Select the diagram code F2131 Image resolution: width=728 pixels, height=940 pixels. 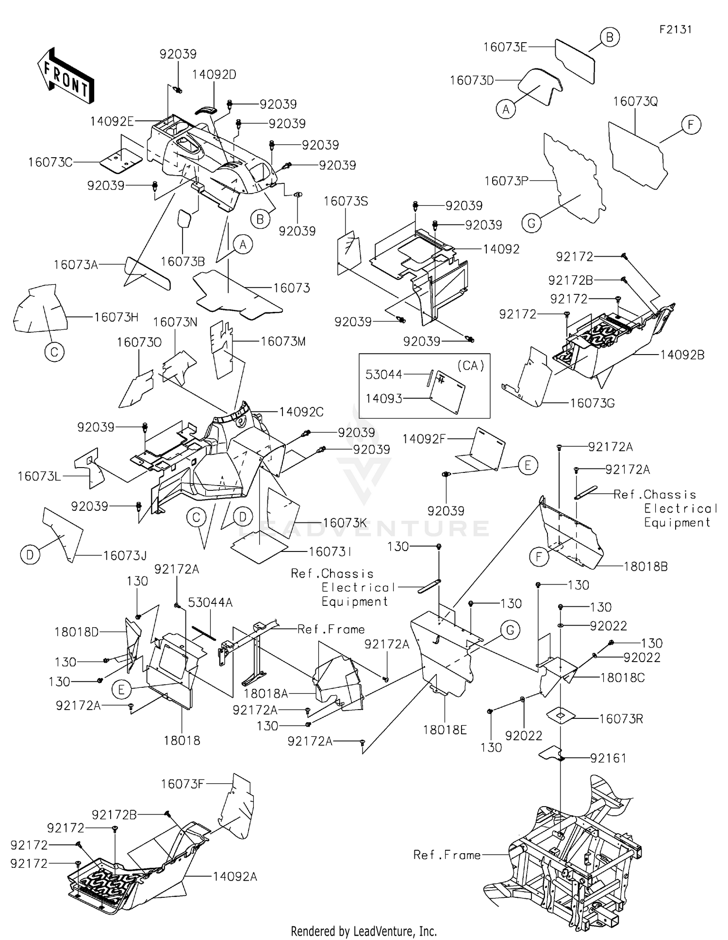675,30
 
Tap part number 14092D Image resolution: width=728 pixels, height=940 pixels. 214,75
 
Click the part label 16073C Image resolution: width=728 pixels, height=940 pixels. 50,162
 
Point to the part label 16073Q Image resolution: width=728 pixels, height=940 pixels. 635,102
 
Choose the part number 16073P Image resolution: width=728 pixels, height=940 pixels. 506,181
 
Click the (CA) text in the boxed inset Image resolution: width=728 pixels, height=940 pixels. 470,366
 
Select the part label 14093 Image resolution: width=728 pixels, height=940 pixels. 384,399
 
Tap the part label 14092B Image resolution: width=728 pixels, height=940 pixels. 682,355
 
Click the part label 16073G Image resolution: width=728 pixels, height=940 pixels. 592,403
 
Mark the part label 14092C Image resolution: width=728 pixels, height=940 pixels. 301,412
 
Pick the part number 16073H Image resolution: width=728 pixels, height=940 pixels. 116,317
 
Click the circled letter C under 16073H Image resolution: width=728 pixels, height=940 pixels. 54,352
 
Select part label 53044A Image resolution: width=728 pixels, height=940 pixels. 210,602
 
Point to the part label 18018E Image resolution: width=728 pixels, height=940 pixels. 445,729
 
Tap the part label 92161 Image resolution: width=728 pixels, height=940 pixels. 608,758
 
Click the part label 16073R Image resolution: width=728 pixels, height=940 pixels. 621,719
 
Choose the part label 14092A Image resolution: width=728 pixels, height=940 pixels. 235,876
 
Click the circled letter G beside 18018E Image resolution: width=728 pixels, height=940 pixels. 510,630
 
